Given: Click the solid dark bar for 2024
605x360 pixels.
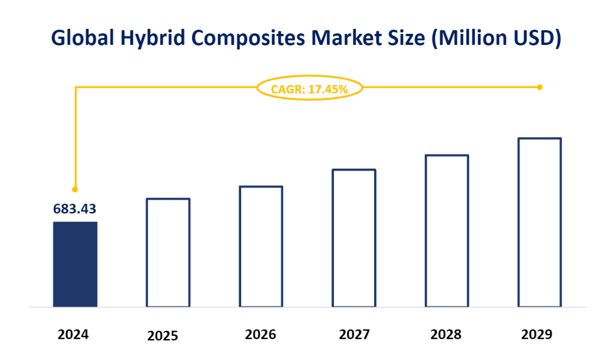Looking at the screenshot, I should pos(75,264).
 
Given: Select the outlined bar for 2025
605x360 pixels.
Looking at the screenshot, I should pos(168,252).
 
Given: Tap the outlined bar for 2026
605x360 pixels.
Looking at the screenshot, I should pos(261,246).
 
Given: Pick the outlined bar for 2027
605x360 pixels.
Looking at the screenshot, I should pos(354,238).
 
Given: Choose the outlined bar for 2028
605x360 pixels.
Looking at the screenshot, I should pos(447,231).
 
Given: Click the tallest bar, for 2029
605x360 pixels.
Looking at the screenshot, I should pos(539,222).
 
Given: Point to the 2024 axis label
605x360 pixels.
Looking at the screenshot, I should pos(73,334).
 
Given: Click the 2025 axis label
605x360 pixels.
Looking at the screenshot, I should pos(163,336).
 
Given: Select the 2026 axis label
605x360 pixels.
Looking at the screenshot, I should pos(260,334).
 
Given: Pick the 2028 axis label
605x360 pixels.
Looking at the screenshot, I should pos(446,334).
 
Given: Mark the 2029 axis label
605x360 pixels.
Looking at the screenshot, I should pos(537,334).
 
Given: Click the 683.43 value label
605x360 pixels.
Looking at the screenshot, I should pos(75,209).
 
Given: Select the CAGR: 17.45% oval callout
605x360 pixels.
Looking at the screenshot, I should pos(309,89).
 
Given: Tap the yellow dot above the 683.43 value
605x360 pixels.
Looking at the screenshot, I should pos(75,189).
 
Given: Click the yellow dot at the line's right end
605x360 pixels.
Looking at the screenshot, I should pos(539,87).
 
